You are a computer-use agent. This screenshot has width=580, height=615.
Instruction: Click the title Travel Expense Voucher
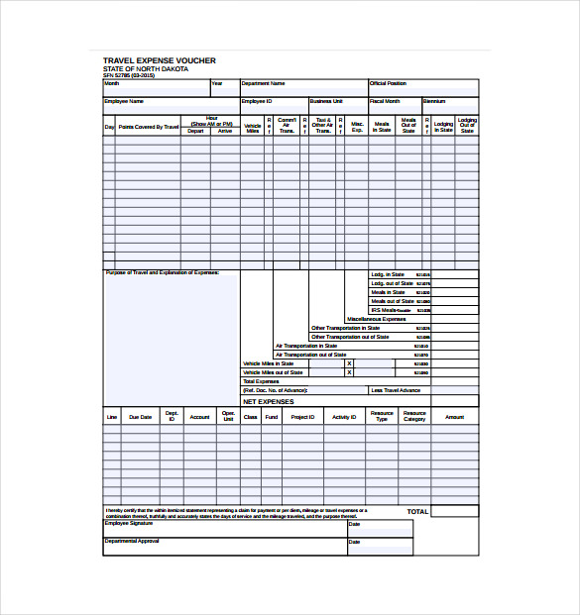(159, 60)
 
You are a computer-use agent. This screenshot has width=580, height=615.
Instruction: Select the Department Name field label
(263, 84)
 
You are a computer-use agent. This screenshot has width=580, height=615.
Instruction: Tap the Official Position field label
(388, 84)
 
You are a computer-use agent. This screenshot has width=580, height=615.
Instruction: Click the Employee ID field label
(256, 101)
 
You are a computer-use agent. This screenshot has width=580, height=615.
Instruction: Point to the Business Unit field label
(326, 101)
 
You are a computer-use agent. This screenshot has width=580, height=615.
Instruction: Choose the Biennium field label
(434, 101)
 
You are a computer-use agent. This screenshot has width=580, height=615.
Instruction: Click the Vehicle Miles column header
(253, 128)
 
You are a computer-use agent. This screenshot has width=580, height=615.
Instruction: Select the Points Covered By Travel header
(149, 128)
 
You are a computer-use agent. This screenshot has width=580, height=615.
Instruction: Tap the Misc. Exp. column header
(357, 128)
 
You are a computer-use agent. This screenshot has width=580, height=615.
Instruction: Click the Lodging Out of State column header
(467, 126)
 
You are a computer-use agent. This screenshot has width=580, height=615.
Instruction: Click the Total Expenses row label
(262, 381)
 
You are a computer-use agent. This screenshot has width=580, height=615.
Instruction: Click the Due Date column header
(141, 418)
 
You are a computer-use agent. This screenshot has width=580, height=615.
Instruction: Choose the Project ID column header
(303, 418)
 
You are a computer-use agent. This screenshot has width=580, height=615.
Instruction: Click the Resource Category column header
(414, 417)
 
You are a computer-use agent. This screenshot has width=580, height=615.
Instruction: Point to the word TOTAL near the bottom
(417, 512)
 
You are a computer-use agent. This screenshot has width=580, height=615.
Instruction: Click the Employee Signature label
(129, 523)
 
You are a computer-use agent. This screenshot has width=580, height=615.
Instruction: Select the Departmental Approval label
(132, 541)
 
